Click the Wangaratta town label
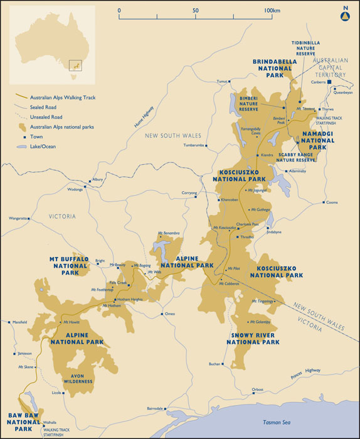[18, 218]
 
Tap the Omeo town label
[169, 314]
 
